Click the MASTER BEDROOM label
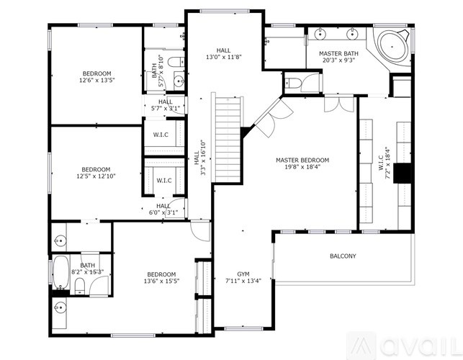[302, 160]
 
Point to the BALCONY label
[343, 256]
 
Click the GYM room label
[238, 274]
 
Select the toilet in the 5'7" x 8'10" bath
[178, 61]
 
